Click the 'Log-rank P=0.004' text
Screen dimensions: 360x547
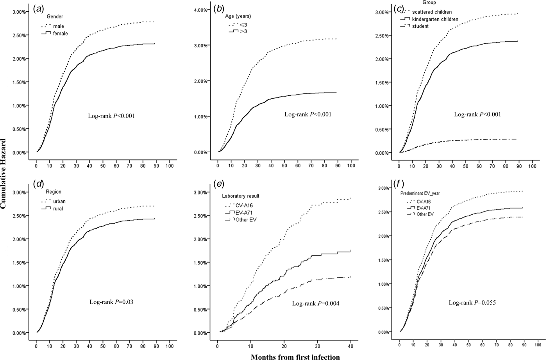(x=315, y=303)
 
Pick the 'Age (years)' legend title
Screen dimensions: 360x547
(x=238, y=16)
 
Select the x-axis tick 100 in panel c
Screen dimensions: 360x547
(x=532, y=165)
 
